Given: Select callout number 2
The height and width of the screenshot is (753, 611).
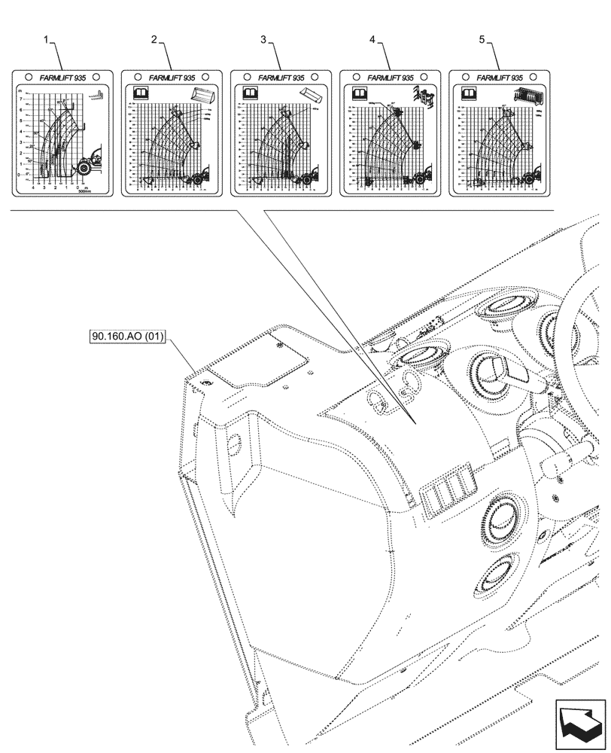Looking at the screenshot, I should pos(154,39).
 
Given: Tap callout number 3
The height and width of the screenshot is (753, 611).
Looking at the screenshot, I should pos(264,39).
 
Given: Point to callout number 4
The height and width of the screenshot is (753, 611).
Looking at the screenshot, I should pos(372,39).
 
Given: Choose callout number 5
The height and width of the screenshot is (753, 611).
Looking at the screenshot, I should pos(482,39).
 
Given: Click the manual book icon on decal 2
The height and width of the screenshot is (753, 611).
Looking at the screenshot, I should pos(141,93).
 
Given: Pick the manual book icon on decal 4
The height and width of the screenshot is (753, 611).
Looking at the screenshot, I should pos(359,93).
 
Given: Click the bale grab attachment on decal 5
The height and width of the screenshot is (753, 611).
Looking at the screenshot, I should pos(527,95).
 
